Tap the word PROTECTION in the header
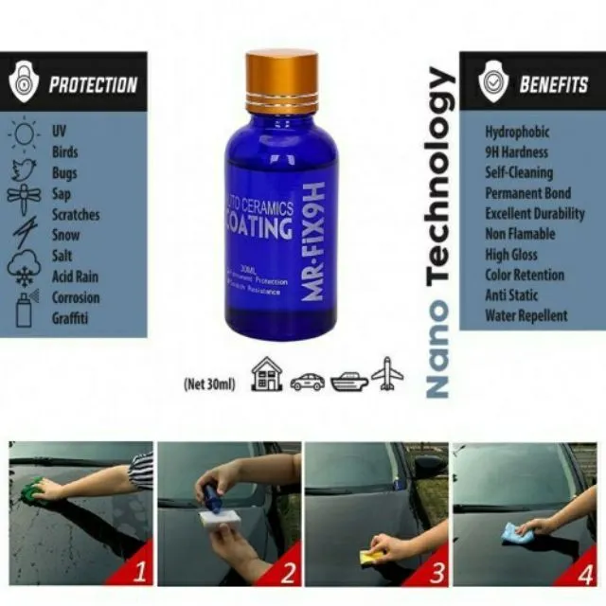(93, 84)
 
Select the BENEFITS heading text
(553, 84)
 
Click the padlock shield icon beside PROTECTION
(24, 83)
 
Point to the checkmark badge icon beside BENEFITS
(492, 83)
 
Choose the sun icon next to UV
(24, 133)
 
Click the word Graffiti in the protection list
(71, 319)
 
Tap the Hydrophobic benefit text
(517, 133)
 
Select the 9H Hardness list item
(517, 152)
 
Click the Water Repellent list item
(526, 315)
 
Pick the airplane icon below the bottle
(386, 375)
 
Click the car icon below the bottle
(307, 381)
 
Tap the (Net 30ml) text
(209, 384)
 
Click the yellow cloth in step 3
(373, 556)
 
